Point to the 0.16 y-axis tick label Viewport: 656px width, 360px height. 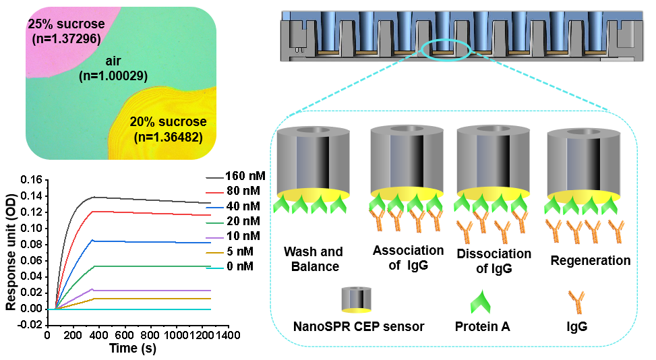click(31, 180)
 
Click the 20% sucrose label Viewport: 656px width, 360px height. click(168, 123)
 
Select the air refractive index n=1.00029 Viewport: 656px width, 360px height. click(113, 76)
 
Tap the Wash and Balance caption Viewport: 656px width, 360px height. click(313, 259)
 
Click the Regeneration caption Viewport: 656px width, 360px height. click(590, 260)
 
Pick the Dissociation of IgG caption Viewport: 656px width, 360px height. click(494, 262)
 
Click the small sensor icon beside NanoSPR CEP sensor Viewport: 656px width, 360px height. click(356, 300)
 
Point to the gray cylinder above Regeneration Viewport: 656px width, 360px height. click(584, 158)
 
